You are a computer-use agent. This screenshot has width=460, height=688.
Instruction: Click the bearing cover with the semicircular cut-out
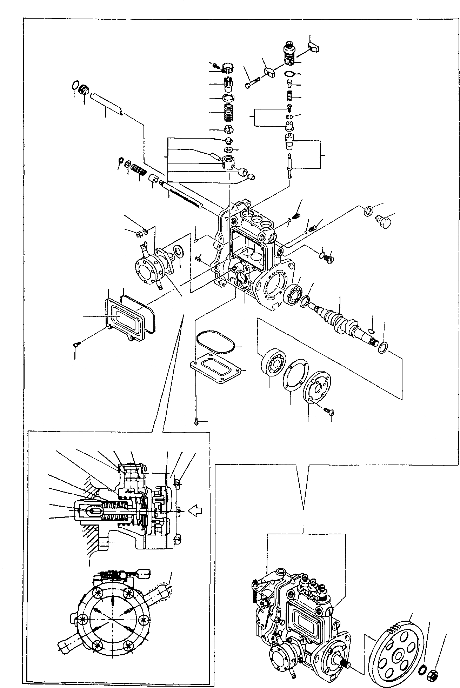[317, 386]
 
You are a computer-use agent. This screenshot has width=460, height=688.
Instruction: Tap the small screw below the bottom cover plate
[196, 422]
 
